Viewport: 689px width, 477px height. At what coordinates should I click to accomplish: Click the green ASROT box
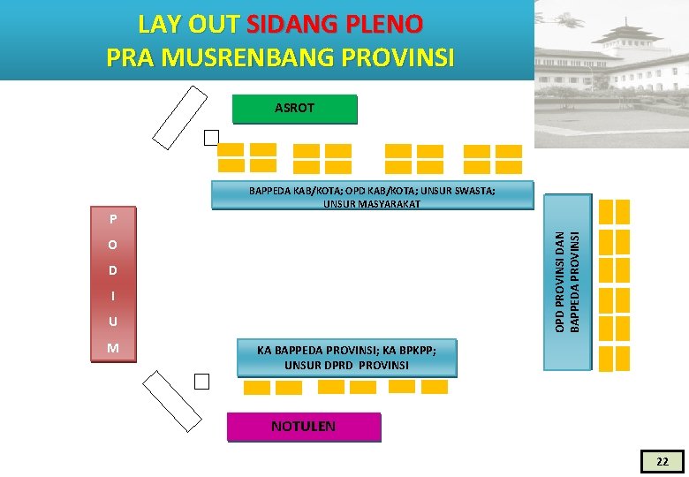[294, 109]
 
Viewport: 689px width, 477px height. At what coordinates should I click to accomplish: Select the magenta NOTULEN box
[303, 427]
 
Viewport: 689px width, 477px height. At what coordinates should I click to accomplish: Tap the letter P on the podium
[113, 218]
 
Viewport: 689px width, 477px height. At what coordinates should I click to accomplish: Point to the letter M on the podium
[113, 348]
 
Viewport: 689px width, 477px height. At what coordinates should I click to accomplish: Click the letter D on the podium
[113, 270]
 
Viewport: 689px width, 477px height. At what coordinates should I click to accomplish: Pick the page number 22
[662, 461]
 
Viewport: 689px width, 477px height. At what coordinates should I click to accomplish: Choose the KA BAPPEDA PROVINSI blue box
[346, 357]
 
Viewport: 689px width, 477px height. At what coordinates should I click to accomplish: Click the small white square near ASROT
[210, 138]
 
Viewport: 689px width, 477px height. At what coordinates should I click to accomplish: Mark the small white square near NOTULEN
[202, 382]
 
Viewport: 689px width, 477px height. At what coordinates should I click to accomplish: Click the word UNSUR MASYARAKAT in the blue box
[372, 204]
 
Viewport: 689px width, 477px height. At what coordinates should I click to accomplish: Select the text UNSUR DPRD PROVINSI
[346, 365]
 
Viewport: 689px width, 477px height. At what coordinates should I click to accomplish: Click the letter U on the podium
[113, 322]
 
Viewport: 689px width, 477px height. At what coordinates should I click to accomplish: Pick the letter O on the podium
[113, 245]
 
